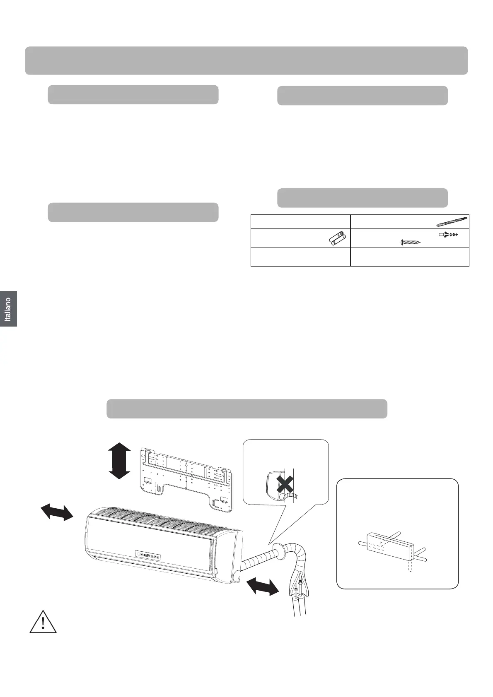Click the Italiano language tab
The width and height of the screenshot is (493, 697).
(x=8, y=309)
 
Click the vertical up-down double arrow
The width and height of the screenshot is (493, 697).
(x=119, y=461)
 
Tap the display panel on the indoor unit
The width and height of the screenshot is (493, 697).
(x=148, y=555)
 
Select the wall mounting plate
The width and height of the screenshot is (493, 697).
(x=186, y=480)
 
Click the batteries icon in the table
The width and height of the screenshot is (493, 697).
(x=337, y=239)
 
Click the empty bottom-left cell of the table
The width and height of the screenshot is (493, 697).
(x=300, y=257)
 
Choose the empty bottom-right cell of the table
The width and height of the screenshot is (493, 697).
(x=410, y=257)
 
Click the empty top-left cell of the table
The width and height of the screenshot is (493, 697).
(x=300, y=222)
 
